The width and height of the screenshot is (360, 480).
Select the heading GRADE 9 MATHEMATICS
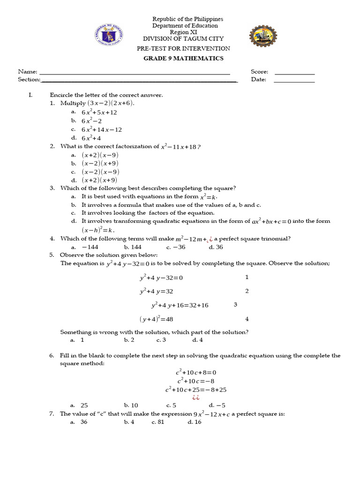183,59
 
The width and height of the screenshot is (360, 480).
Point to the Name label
27,72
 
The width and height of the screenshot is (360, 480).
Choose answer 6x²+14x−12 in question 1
102,130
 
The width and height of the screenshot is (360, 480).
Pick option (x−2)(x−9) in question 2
100,172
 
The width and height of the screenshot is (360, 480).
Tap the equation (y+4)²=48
156,320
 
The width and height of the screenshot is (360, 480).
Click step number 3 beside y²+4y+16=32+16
235,305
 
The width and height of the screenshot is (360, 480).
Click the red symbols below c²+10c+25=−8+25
195,397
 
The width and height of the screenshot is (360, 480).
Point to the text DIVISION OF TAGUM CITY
183,39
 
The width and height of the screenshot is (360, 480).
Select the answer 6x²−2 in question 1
92,121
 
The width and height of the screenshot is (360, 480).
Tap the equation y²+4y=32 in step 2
156,292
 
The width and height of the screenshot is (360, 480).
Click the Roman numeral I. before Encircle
30,95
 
